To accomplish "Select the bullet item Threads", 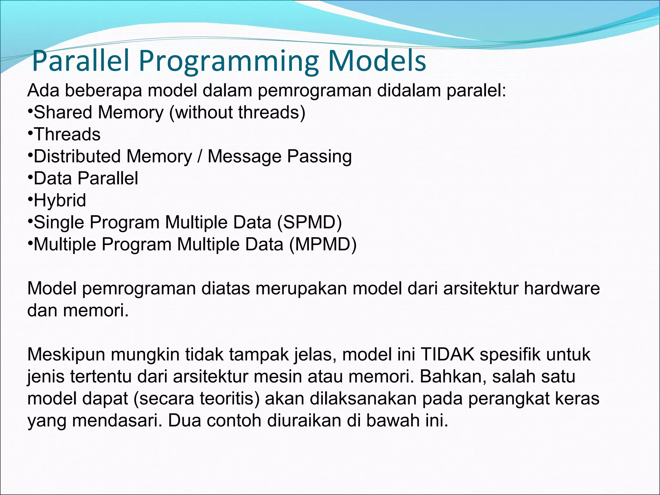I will [x=67, y=134].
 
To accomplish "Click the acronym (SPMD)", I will [x=309, y=222].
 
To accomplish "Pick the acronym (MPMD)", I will [x=323, y=244].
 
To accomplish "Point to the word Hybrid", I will [x=60, y=200].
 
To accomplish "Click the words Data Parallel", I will [x=86, y=178].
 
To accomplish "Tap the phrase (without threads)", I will [x=237, y=112].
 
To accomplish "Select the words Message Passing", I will [x=279, y=157].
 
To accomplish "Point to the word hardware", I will [x=561, y=288].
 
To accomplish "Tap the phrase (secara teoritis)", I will [x=196, y=398].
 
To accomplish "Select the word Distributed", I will [x=77, y=157].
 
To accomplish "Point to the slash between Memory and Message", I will [x=200, y=157].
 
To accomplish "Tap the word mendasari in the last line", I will [x=117, y=421].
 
